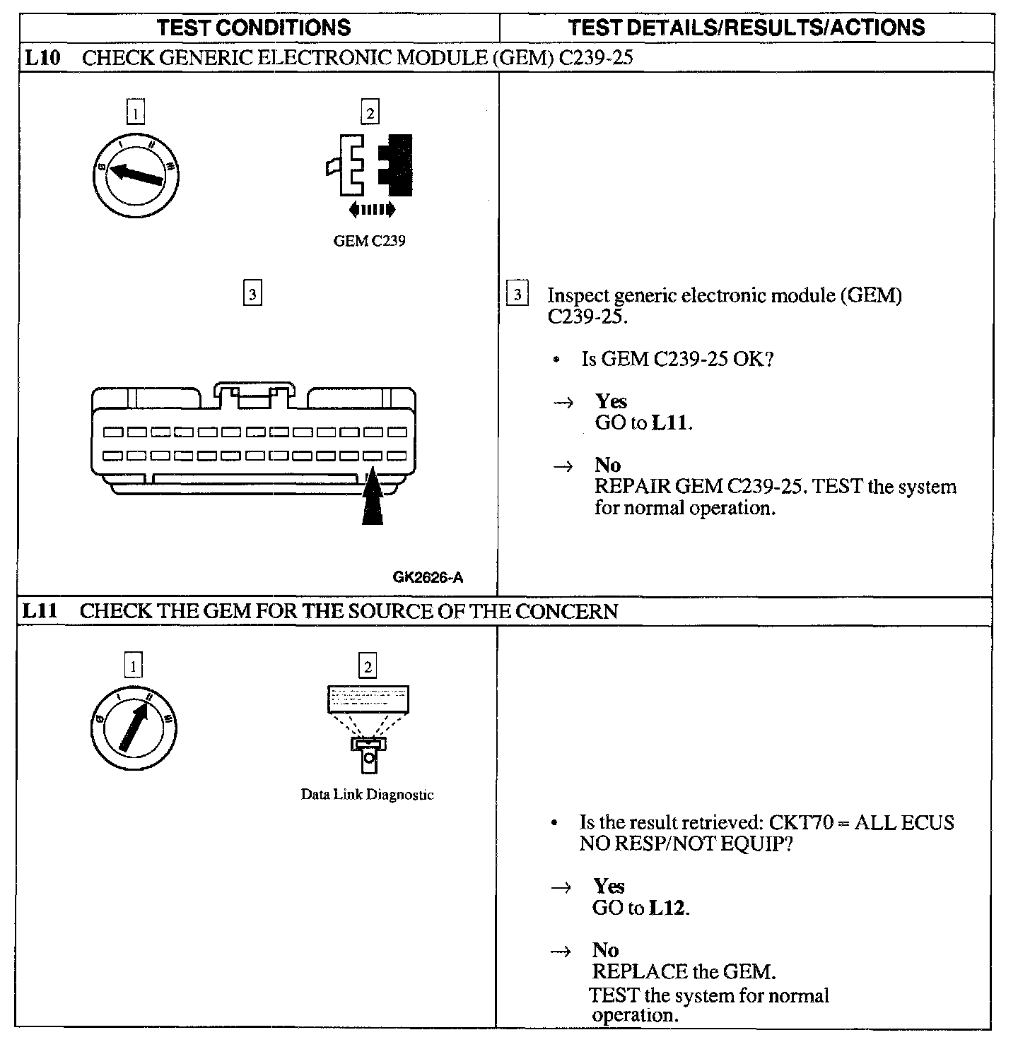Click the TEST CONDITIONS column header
tap(254, 28)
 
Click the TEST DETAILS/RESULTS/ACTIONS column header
tap(747, 28)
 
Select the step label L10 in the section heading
tap(42, 58)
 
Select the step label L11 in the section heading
tap(40, 611)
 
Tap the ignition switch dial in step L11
tap(134, 728)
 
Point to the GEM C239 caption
tap(369, 241)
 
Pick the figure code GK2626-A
tap(428, 578)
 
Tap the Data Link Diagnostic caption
tap(367, 795)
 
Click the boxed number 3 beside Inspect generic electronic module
tap(517, 294)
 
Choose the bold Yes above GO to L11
tap(611, 401)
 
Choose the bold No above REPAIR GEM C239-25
tap(607, 465)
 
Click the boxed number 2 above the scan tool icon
tap(367, 666)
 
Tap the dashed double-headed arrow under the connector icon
tap(373, 209)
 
